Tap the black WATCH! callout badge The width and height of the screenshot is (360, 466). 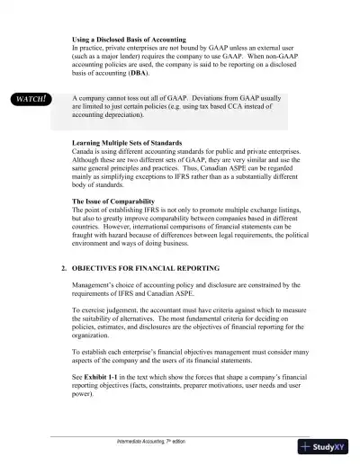pyautogui.click(x=30, y=98)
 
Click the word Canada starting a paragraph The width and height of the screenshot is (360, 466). pyautogui.click(x=85, y=152)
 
